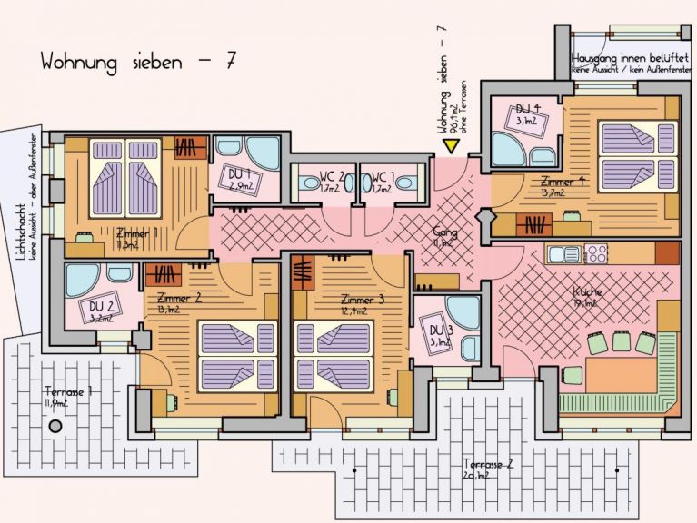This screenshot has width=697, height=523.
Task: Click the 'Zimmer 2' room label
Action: click(179, 299)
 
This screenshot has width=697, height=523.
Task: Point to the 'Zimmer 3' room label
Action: click(362, 300)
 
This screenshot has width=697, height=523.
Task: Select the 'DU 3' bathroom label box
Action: click(438, 334)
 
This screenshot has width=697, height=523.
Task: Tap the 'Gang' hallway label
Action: click(445, 233)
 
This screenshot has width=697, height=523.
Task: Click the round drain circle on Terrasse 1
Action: click(55, 425)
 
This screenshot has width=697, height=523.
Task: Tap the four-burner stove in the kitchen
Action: click(596, 252)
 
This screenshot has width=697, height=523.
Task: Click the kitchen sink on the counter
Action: click(565, 252)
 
